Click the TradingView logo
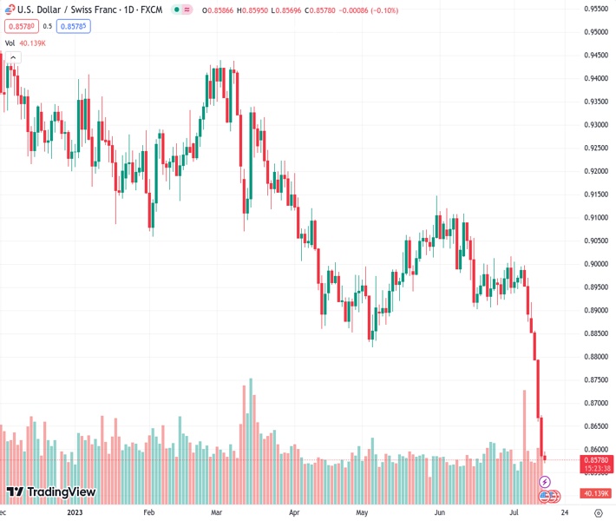click(50, 492)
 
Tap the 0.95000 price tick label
click(594, 32)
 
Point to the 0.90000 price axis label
click(594, 264)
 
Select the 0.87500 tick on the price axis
click(594, 379)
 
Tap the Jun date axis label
click(440, 512)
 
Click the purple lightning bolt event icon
click(545, 481)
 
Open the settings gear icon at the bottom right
click(598, 512)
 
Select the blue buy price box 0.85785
click(74, 26)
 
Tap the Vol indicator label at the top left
click(10, 43)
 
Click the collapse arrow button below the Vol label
click(14, 57)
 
